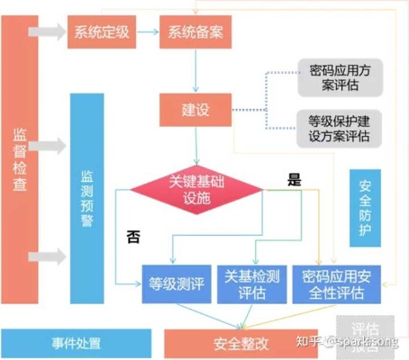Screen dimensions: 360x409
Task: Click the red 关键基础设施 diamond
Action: (196, 189)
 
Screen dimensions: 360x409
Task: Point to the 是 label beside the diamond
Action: (294, 179)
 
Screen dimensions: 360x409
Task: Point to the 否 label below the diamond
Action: (133, 237)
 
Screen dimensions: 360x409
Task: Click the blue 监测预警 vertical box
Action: (86, 198)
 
